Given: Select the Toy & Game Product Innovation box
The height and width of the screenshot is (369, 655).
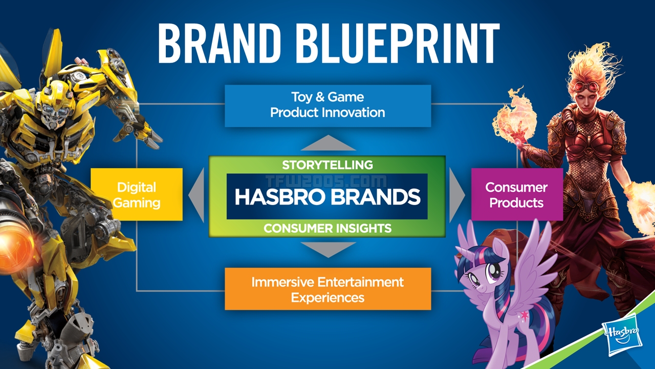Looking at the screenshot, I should point(327,105).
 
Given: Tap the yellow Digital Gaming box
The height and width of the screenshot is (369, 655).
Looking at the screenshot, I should point(136,195).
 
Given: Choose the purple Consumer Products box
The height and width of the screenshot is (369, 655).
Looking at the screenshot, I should point(516,195).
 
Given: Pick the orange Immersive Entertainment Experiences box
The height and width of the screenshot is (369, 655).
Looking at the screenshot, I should point(327,289).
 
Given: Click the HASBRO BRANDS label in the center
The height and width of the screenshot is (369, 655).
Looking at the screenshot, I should point(327,197).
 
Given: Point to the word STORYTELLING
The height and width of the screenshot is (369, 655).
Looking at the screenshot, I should point(327,165).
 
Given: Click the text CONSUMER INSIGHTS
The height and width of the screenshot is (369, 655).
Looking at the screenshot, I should point(327,229).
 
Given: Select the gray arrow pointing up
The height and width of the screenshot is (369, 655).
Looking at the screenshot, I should point(327,143).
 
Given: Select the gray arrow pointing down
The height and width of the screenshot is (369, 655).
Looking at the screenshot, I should point(327,249).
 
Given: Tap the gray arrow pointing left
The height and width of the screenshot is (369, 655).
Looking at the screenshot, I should point(198,195).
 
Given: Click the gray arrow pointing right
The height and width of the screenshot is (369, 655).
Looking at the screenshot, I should point(456,195).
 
